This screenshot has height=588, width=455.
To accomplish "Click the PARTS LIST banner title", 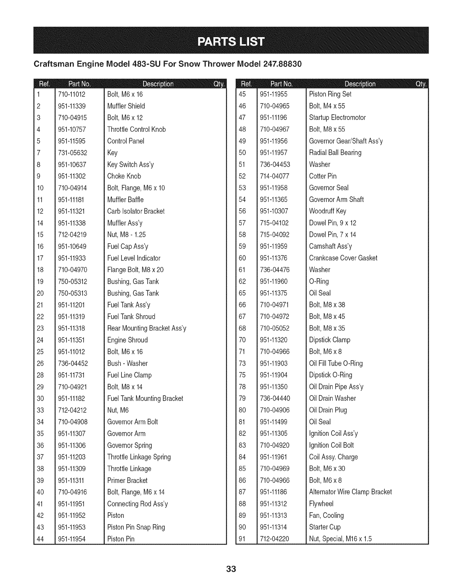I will [x=231, y=41].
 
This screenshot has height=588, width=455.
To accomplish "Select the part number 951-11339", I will [x=72, y=106].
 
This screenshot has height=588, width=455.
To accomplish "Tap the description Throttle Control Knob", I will [x=136, y=130].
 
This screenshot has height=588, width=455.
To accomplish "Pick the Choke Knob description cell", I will [x=124, y=176].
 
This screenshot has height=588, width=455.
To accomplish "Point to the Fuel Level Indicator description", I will [x=134, y=258].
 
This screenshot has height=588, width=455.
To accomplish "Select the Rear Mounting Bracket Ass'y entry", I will [x=146, y=329].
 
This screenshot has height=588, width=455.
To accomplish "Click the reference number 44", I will [x=41, y=539].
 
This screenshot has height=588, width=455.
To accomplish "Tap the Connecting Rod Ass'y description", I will [x=138, y=504].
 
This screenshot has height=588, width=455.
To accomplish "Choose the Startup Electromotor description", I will [x=337, y=118].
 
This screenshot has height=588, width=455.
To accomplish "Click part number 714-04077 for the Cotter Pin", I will [x=274, y=176].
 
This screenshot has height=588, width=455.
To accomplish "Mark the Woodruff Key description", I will [x=327, y=211].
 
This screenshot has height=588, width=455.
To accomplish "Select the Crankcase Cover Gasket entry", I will [x=343, y=258].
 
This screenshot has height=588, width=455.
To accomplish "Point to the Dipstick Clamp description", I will [x=329, y=340].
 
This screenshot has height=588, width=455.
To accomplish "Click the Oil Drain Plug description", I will [x=328, y=410].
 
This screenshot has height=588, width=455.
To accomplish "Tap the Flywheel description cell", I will [x=321, y=504].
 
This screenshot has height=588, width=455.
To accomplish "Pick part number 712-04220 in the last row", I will [x=274, y=539].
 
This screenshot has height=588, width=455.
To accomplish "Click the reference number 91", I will [x=242, y=539].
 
